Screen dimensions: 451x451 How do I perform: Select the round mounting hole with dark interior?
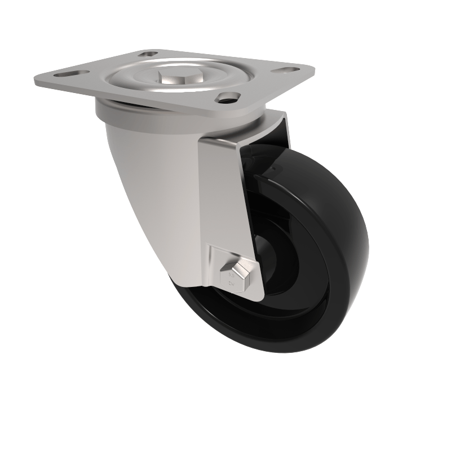228,97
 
